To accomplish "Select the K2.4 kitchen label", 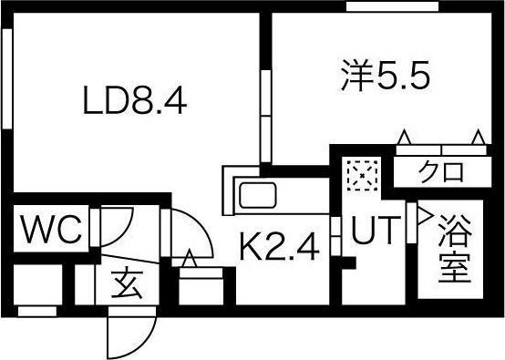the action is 279,246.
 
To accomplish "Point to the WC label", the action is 51,230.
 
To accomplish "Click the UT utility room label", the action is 375,232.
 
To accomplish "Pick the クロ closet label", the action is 442,170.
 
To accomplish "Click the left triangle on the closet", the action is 405,138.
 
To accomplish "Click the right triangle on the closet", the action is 479,138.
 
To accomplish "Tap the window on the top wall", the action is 383,7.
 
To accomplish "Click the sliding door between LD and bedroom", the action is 265,118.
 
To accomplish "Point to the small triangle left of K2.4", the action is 191,259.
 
